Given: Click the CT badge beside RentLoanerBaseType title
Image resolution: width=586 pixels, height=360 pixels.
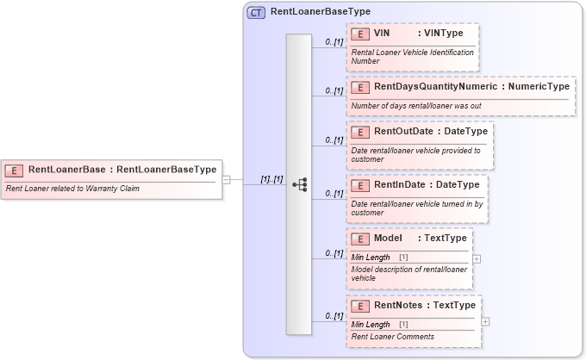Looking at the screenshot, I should (256, 13).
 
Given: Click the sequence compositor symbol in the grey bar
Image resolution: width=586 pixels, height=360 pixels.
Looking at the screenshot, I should (299, 184).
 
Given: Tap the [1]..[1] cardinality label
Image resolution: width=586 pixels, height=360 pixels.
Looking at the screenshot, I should (271, 179).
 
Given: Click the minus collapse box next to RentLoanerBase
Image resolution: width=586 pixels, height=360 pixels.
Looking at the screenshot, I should (226, 180).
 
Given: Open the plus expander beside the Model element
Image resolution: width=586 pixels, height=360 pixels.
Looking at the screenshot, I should (477, 258).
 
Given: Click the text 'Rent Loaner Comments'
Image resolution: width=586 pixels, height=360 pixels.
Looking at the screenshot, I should (392, 336).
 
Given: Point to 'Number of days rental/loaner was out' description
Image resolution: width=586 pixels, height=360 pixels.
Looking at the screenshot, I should (415, 105).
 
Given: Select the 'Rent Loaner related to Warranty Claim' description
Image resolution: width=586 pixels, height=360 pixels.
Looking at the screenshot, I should (76, 188).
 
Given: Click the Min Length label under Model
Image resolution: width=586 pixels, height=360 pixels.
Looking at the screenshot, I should (371, 258).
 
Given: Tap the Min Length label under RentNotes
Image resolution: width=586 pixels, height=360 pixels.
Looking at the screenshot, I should (371, 324).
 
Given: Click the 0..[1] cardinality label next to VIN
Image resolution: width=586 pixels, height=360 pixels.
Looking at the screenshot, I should (334, 41).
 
